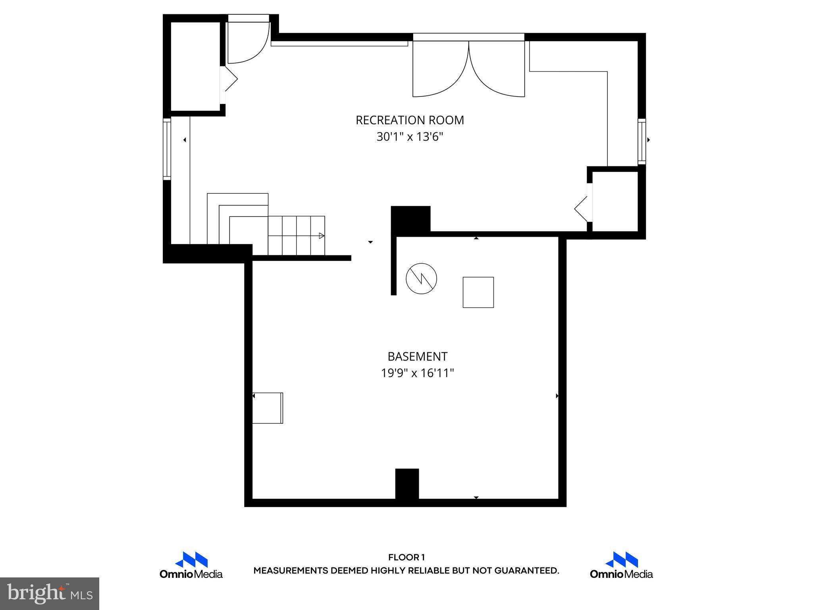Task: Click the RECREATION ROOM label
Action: click(410, 120)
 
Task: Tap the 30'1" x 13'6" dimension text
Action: click(410, 137)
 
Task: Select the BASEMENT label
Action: click(417, 357)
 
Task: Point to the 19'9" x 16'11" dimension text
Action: click(417, 373)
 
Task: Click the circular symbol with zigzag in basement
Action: click(421, 278)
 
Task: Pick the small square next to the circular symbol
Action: click(478, 292)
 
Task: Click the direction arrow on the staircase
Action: click(321, 236)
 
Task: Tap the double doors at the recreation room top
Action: click(469, 68)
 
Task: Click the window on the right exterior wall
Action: click(642, 141)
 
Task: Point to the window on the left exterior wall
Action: click(167, 149)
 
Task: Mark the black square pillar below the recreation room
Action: click(410, 218)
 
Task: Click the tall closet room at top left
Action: click(195, 67)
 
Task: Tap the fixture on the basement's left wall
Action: click(268, 408)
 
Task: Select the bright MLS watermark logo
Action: click(50, 594)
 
